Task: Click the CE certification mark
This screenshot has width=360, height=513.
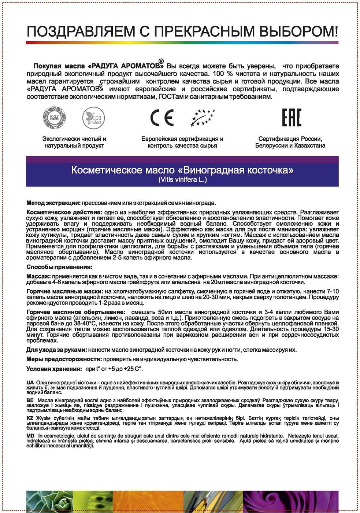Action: (x=162, y=118)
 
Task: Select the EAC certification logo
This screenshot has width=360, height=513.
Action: (x=292, y=118)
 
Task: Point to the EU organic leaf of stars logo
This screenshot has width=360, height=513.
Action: (x=203, y=118)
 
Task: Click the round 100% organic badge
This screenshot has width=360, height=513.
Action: (x=55, y=118)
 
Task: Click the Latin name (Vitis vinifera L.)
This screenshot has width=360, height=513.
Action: (x=182, y=180)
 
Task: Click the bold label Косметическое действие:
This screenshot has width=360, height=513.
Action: (x=64, y=212)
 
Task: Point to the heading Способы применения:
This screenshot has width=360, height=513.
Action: (x=59, y=267)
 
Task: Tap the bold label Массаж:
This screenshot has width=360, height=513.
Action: (x=38, y=276)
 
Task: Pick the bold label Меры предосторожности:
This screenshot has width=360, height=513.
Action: (x=64, y=359)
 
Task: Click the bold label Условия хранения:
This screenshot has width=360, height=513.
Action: (x=54, y=369)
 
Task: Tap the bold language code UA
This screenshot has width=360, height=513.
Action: (x=30, y=383)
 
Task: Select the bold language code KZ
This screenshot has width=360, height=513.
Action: (x=30, y=418)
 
